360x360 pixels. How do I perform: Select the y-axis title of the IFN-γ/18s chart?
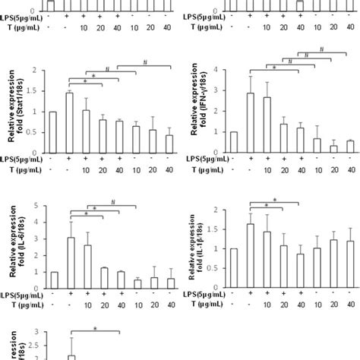click(x=201, y=110)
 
